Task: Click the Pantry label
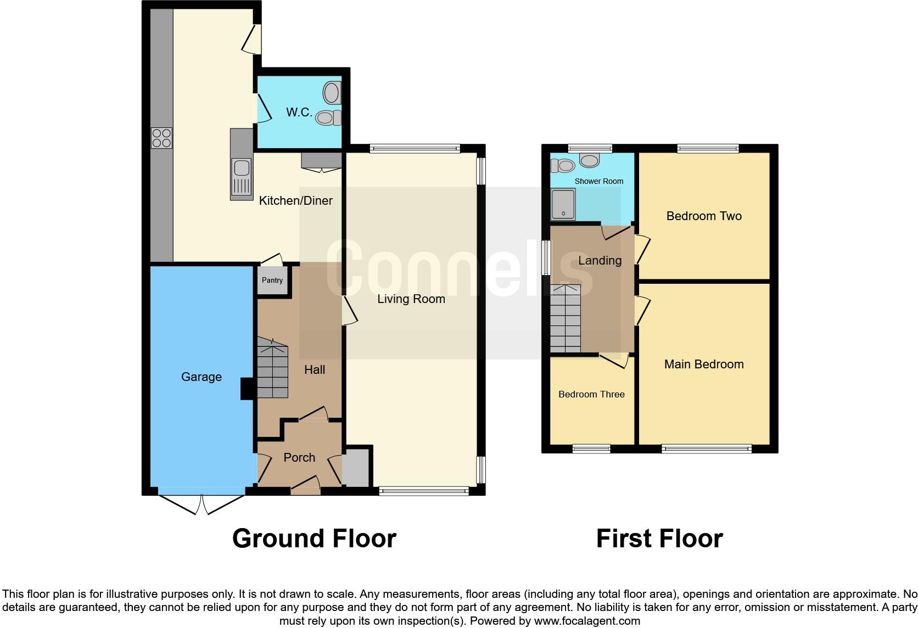(x=272, y=281)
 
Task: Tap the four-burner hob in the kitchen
(x=161, y=138)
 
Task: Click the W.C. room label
(x=299, y=113)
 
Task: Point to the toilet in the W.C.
(x=328, y=117)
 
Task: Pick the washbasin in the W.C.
(x=332, y=93)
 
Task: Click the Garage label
(x=201, y=377)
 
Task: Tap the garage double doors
(x=201, y=504)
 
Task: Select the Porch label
(x=299, y=457)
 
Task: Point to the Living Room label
(x=411, y=299)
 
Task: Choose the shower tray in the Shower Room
(x=563, y=204)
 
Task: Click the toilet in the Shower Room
(x=563, y=165)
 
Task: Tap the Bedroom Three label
(x=591, y=394)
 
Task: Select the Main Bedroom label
(x=704, y=365)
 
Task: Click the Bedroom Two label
(x=704, y=216)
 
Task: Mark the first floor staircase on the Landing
(x=565, y=319)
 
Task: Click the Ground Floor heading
(x=314, y=539)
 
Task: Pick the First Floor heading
(x=659, y=539)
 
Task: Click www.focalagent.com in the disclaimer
(x=587, y=621)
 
